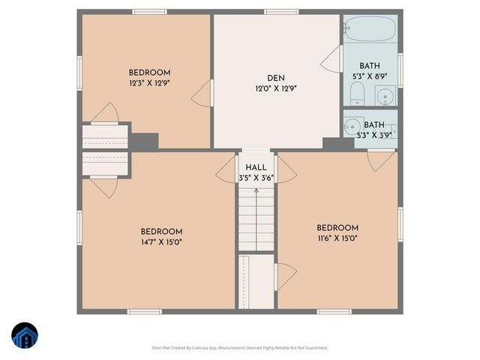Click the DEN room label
point(276,77)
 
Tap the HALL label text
point(256,167)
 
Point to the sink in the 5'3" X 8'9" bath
point(385,96)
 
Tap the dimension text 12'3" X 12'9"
point(149,84)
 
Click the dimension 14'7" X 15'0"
point(161,242)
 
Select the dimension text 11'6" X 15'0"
point(337,238)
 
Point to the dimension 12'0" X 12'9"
point(276,88)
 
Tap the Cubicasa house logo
point(23,335)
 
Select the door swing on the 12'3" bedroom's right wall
point(201,93)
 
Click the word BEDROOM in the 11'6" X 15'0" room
point(337,228)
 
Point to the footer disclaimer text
point(240,347)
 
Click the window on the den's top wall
point(277,11)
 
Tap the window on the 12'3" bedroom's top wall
point(149,11)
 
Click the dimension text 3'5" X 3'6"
point(256,178)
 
